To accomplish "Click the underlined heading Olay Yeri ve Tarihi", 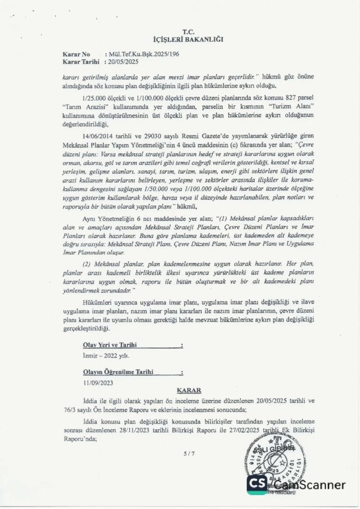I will coord(109,344).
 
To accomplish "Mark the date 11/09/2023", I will coord(97,383).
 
